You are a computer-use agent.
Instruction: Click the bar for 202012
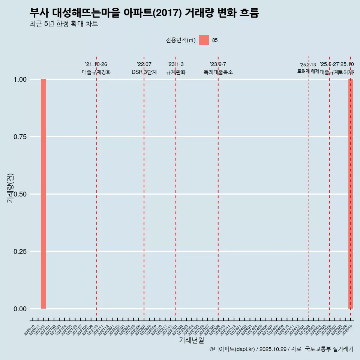pos(43,194)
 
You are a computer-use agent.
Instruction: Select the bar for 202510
pos(351,194)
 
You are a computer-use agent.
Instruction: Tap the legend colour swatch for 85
pos(204,40)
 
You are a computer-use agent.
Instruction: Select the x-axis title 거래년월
pos(191,340)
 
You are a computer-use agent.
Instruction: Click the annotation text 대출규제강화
pos(96,72)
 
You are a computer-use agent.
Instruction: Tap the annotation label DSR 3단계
pos(144,72)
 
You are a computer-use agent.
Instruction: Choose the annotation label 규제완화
pos(176,72)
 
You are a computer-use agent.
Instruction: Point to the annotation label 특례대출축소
pos(218,72)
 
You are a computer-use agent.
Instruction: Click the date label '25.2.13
pos(308,65)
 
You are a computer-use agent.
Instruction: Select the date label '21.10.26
pos(96,64)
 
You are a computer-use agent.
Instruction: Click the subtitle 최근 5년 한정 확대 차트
pos(64,24)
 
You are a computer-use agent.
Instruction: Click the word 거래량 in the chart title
pos(199,13)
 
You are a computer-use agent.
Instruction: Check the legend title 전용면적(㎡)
pos(181,40)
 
